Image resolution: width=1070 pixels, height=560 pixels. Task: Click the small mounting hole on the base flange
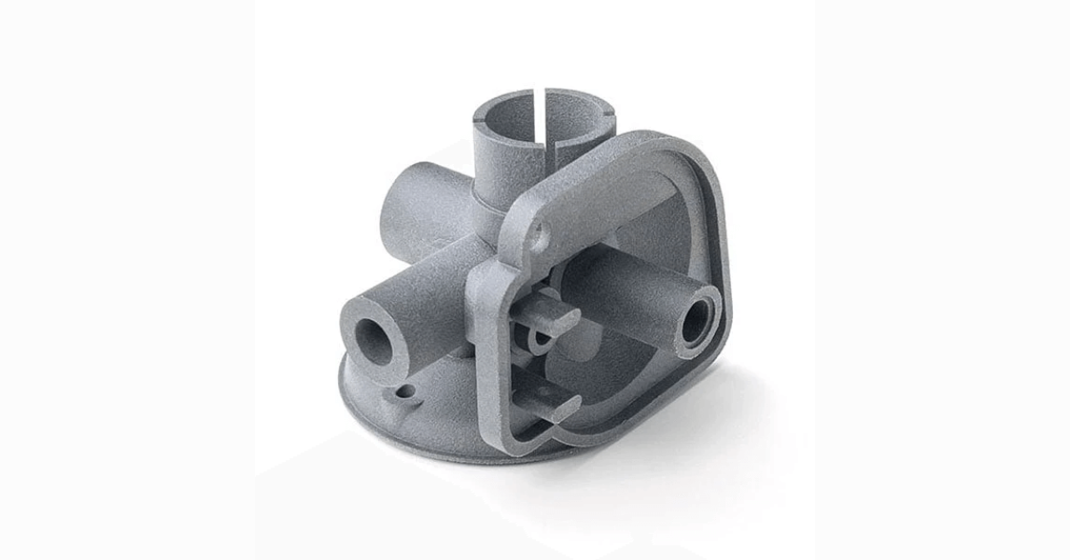tap(406, 391)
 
